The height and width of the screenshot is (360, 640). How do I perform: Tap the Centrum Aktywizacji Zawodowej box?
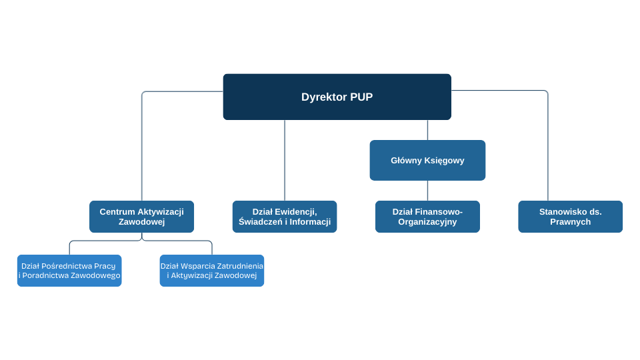click(x=141, y=217)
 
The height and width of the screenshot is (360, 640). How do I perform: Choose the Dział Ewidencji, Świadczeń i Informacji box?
click(x=285, y=217)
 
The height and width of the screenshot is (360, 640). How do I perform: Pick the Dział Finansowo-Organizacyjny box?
click(x=427, y=217)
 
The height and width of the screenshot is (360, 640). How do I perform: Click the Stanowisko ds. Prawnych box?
click(x=570, y=217)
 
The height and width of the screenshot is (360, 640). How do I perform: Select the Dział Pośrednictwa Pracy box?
click(x=69, y=271)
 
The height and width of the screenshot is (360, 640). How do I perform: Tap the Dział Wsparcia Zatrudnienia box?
click(x=212, y=271)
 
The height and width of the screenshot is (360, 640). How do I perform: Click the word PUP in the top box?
click(x=361, y=97)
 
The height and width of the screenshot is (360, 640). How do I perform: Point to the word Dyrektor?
click(x=324, y=97)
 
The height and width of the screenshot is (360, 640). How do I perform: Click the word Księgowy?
click(x=443, y=161)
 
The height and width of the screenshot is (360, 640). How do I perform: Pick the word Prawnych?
click(x=570, y=222)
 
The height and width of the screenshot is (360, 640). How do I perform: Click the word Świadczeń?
click(x=260, y=222)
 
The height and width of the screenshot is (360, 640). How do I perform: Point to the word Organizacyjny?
click(x=427, y=222)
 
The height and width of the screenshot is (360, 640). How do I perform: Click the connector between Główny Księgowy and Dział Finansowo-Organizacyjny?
click(x=427, y=191)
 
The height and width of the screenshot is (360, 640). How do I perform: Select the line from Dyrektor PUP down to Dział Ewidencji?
click(x=285, y=160)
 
